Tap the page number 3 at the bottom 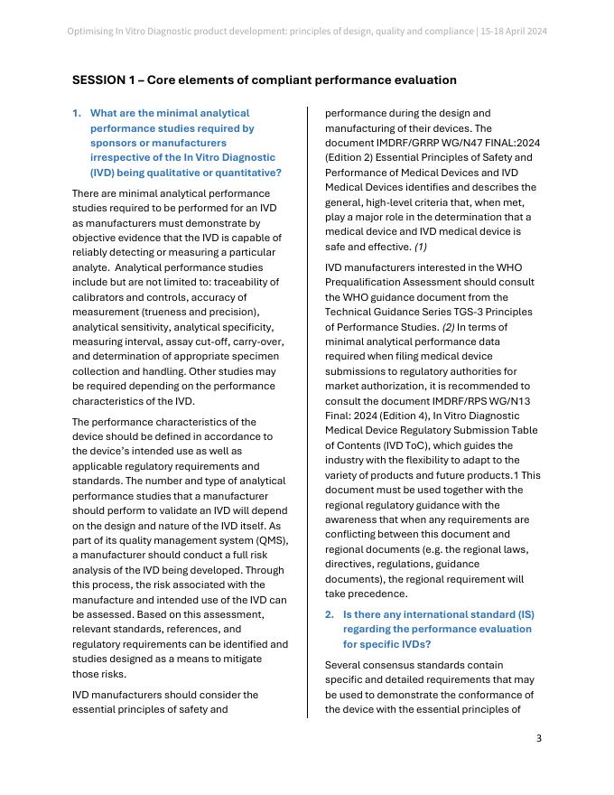538,738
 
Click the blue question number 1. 76,114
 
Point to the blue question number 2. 329,614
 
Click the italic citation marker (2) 442,327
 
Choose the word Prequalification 367,283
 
